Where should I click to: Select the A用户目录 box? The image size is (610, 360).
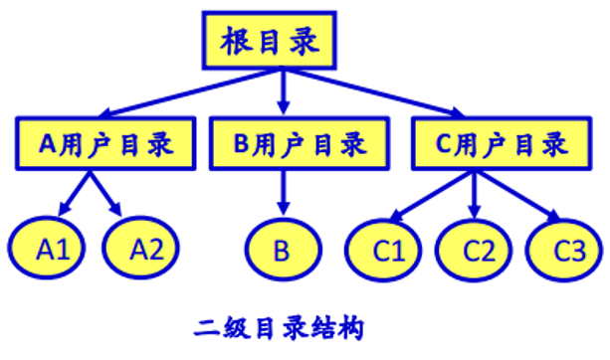coord(105,143)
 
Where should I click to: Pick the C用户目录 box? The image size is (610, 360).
coord(495,143)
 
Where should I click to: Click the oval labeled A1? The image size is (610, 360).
coord(50,249)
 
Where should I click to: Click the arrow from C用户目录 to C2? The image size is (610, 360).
coord(474,193)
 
